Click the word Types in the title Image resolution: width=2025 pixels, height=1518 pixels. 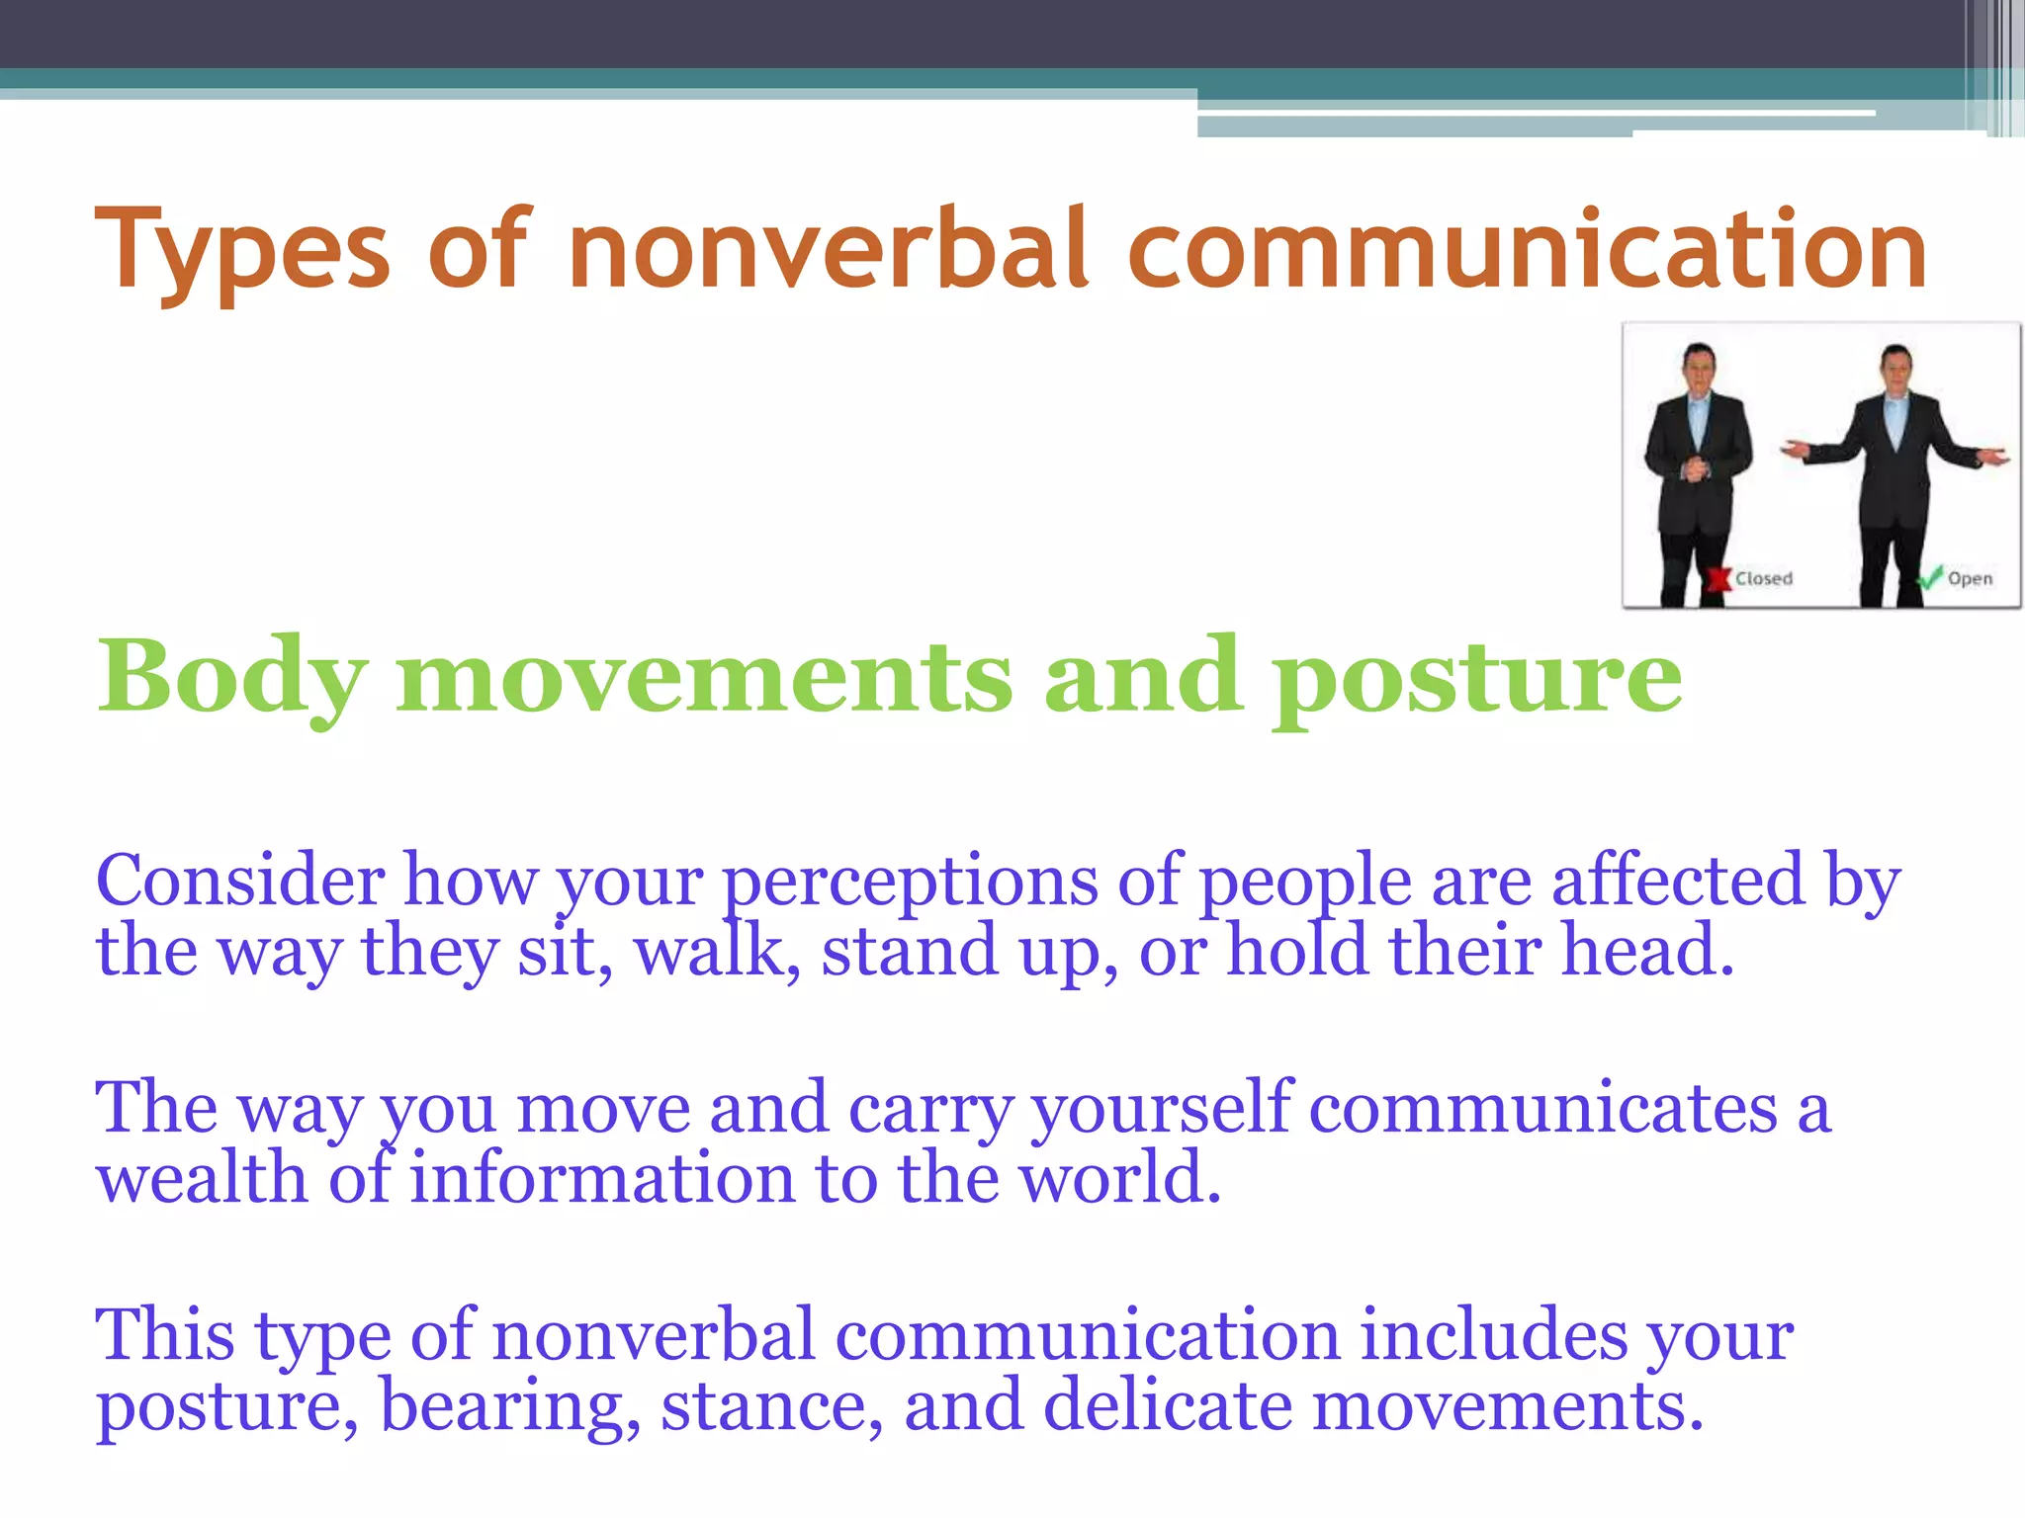[242, 252]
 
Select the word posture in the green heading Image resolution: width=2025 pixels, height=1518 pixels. [1476, 677]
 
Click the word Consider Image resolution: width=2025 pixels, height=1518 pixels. [240, 881]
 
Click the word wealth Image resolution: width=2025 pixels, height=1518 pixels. [201, 1178]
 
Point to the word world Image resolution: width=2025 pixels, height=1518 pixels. [1118, 1178]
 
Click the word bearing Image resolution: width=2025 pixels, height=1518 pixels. [509, 1407]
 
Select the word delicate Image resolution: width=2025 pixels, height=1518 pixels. [1167, 1405]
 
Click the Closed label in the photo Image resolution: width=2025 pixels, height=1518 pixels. [1763, 579]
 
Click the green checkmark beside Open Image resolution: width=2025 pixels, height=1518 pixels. [1929, 577]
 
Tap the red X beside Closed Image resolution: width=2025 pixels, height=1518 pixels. [1719, 579]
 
